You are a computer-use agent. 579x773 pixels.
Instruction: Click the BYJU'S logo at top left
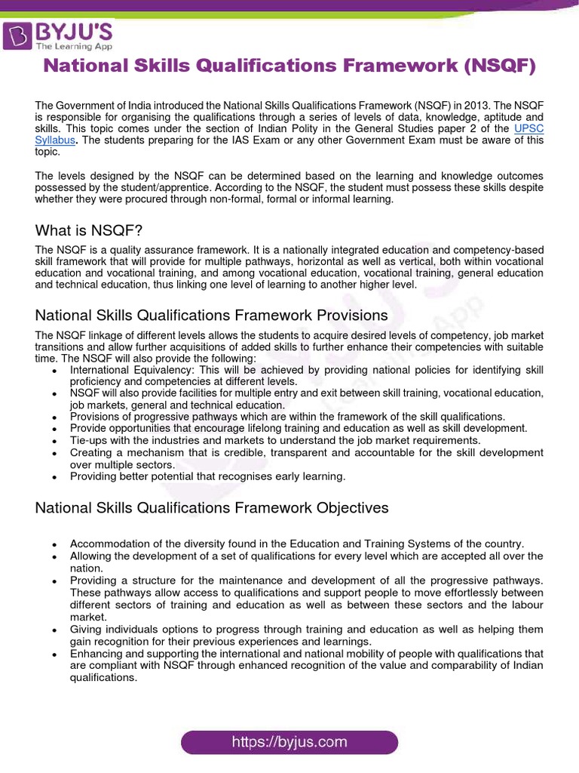(x=59, y=35)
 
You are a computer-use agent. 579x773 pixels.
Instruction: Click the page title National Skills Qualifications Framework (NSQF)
(x=289, y=66)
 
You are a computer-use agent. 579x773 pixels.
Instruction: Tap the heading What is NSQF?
(x=88, y=231)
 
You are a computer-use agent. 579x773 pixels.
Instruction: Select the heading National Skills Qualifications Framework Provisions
(x=211, y=315)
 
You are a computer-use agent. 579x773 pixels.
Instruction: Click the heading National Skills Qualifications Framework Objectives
(x=212, y=508)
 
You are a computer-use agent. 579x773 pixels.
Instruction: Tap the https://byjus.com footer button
(x=289, y=742)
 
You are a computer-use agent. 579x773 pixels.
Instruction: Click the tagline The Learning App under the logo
(x=75, y=46)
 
